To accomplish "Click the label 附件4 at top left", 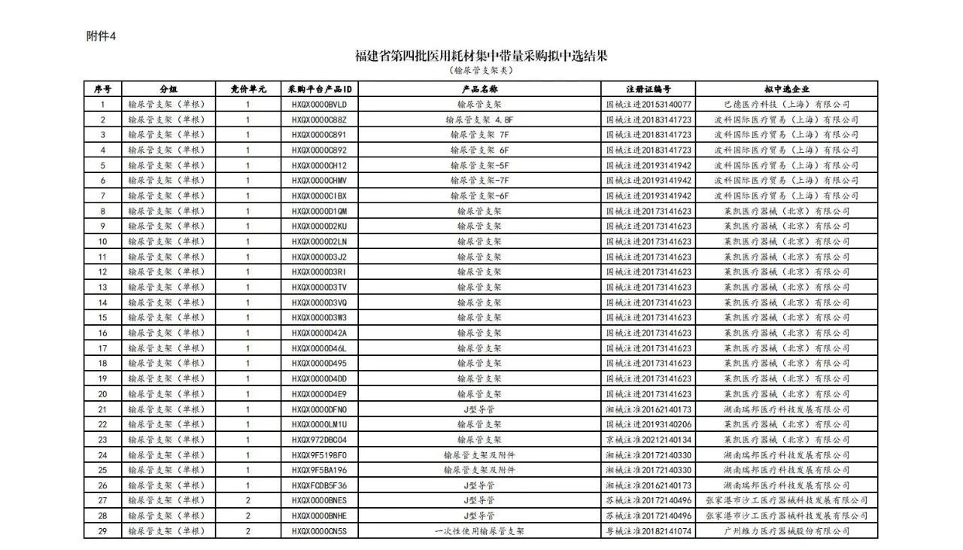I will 102,36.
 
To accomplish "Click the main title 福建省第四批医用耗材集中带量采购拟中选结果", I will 481,56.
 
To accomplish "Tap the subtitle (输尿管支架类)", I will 481,71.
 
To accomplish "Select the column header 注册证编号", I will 649,89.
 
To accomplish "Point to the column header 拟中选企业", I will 787,89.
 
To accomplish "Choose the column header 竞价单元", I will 248,89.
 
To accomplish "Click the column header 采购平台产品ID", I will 319,89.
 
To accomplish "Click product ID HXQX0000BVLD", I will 319,104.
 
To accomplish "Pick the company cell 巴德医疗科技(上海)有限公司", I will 787,104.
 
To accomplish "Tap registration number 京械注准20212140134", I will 649,439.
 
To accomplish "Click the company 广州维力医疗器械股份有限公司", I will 787,531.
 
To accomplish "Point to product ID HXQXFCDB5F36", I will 319,485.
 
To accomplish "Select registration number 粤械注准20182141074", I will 649,531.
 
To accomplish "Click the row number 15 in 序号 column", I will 102,318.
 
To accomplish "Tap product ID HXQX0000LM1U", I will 319,424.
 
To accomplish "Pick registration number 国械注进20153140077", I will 649,104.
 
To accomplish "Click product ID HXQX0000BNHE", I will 319,516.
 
